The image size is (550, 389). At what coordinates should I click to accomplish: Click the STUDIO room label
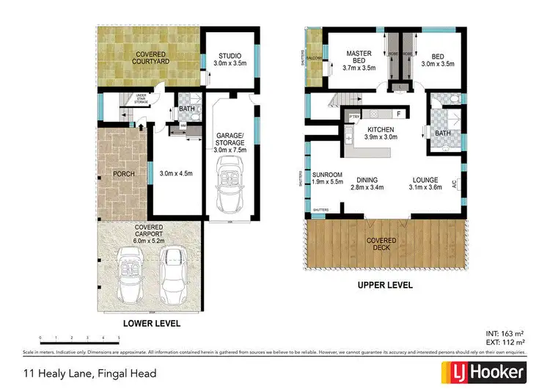pos(229,59)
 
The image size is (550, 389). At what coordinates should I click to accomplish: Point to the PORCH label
pos(121,174)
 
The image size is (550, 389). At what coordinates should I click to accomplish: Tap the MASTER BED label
pos(359,59)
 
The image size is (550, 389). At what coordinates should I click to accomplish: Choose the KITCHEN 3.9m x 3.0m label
pos(381,133)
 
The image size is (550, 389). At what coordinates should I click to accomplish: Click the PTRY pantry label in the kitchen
pos(354,116)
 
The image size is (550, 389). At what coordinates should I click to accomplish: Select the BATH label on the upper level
pos(442,133)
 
